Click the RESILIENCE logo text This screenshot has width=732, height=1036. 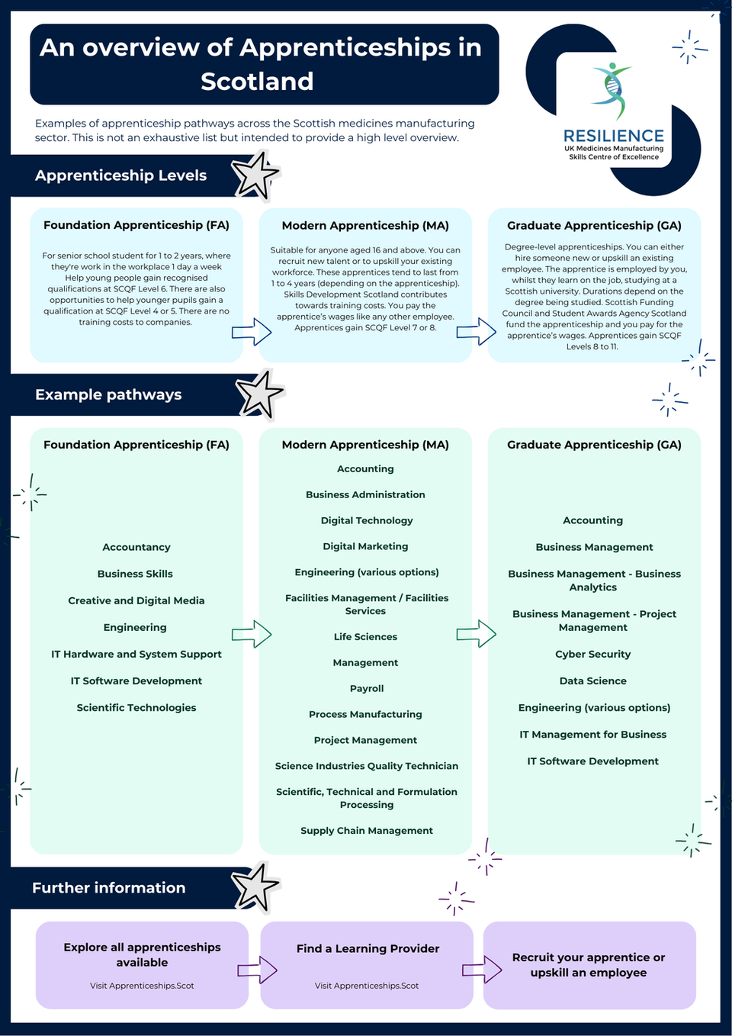(x=613, y=136)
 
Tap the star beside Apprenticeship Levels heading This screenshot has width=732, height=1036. (x=255, y=175)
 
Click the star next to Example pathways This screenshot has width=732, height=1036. (x=259, y=394)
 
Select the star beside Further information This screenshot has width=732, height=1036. (x=255, y=887)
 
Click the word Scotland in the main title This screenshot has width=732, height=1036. (x=257, y=82)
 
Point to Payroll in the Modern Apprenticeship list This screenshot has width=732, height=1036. (x=367, y=688)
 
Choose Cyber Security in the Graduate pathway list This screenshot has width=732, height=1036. (x=593, y=654)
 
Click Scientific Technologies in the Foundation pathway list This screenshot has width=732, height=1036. (x=136, y=707)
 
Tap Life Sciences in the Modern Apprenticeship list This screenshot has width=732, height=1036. (x=365, y=636)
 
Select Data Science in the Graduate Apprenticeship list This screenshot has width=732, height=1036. (x=593, y=680)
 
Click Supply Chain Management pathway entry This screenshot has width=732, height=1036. (x=367, y=830)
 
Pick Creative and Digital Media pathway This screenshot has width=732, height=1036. (x=136, y=600)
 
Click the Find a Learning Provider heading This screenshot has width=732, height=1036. (x=368, y=948)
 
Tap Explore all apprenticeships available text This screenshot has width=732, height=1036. (x=142, y=954)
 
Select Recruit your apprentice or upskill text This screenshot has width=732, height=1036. (x=589, y=964)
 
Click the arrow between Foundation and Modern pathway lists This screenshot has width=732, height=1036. (x=252, y=634)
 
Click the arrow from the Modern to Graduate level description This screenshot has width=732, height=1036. (x=477, y=332)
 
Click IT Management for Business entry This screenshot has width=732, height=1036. (x=593, y=734)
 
